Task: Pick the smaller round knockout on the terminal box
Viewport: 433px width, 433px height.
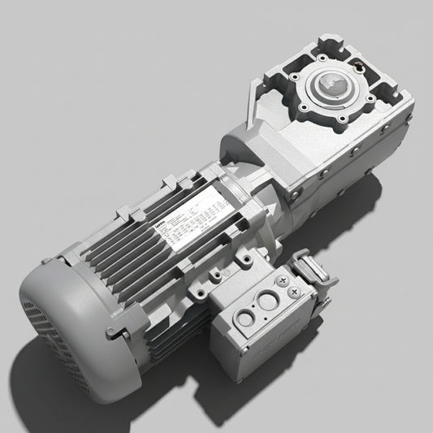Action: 246,318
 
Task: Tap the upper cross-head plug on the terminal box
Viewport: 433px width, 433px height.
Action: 284,280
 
